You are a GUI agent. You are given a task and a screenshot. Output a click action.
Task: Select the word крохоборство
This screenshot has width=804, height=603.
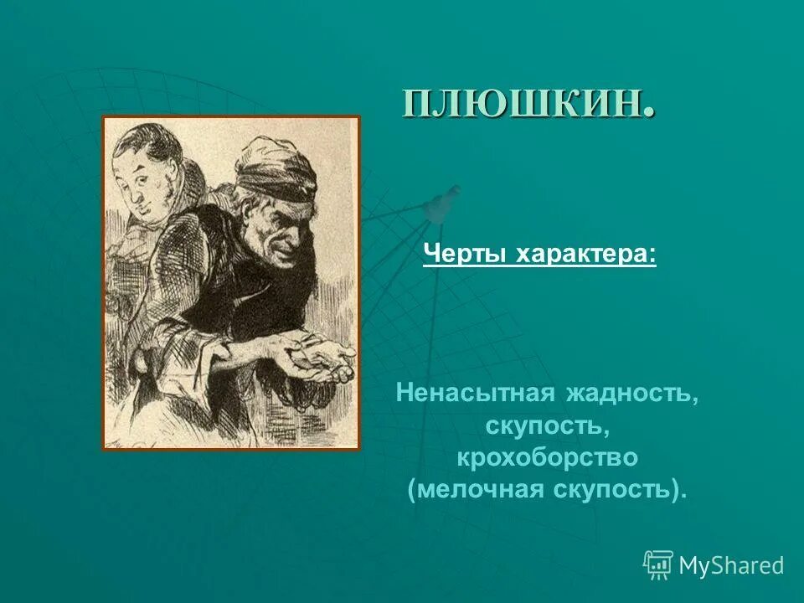(x=547, y=457)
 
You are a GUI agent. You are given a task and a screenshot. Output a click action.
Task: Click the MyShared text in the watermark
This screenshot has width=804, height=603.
(x=731, y=565)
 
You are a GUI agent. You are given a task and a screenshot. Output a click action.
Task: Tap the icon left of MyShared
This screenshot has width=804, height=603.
(x=658, y=564)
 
